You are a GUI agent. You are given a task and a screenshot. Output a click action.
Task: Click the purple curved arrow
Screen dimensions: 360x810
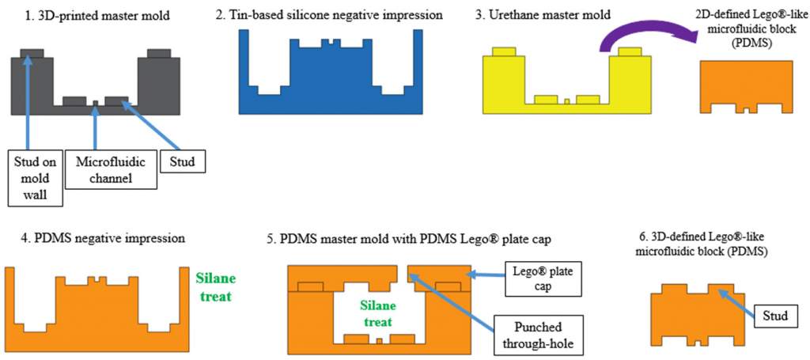(x=641, y=36)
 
